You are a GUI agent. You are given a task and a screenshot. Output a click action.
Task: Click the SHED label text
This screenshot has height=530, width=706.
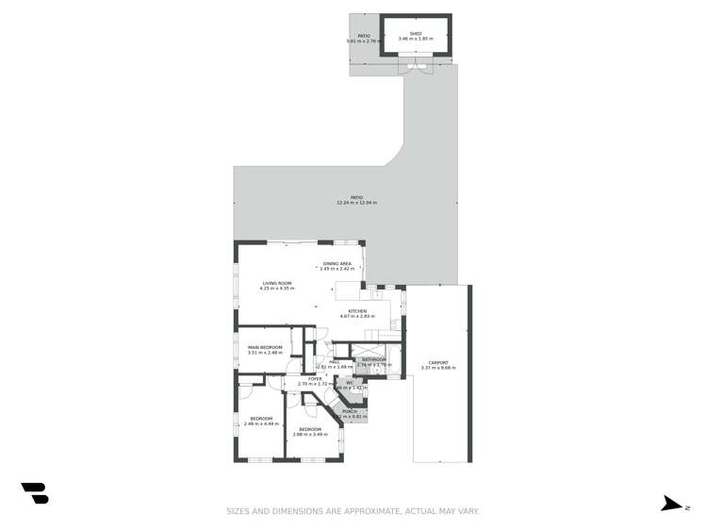tap(416, 33)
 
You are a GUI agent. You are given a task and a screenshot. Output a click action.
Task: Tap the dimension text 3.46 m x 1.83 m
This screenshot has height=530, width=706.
tap(416, 39)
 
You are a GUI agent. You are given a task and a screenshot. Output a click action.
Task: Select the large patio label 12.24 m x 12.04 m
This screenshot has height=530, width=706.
tap(356, 203)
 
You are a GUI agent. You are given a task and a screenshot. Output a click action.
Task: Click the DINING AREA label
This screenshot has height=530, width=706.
tap(337, 264)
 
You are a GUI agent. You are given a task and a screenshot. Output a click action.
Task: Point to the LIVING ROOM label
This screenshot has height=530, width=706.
tap(277, 283)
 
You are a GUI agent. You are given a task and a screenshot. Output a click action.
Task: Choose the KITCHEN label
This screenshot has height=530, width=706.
tap(357, 311)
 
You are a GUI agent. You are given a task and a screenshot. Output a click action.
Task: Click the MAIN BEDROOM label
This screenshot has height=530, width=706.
tap(265, 347)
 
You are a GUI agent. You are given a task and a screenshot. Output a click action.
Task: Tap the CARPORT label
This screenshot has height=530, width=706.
tap(438, 362)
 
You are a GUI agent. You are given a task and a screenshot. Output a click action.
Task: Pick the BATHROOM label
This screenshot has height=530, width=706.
tap(374, 359)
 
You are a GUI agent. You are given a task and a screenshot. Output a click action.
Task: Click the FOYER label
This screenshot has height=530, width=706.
tap(315, 379)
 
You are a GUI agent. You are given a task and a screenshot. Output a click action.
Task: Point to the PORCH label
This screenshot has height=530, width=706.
tap(350, 411)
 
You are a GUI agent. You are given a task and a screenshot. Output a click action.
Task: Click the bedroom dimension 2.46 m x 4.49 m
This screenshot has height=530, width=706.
tap(261, 423)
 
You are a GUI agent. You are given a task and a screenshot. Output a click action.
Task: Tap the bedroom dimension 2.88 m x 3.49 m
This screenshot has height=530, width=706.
tap(310, 434)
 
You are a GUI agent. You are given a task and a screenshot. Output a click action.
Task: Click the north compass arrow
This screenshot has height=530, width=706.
tap(672, 505)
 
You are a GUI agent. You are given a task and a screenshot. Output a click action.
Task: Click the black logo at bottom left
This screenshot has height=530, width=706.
tap(35, 493)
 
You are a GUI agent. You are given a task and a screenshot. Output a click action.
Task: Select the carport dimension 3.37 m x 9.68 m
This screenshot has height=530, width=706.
tap(438, 368)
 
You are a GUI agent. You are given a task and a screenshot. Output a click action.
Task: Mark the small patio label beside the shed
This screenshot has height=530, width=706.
tap(364, 36)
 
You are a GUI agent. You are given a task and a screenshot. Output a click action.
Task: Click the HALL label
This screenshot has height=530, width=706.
tap(335, 361)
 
